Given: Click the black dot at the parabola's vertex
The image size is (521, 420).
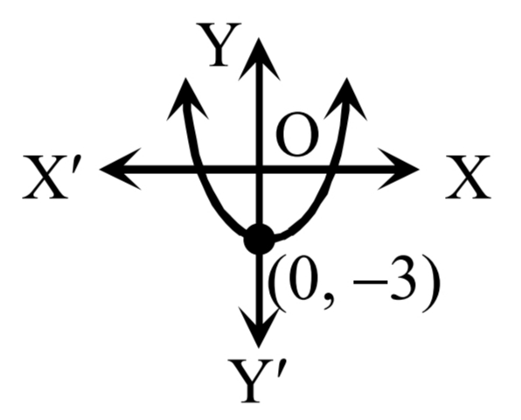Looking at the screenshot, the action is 260,239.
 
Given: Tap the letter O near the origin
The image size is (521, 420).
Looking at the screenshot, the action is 297,135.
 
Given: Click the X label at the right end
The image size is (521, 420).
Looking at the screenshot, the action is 468,178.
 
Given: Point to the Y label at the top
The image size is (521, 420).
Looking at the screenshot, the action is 219,45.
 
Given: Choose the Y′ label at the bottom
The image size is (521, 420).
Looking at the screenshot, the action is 256,381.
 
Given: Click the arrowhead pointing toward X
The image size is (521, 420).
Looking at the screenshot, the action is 399,169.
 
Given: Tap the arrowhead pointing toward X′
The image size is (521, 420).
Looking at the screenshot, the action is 121,169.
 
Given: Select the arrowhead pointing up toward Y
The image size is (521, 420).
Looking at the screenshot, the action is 259,59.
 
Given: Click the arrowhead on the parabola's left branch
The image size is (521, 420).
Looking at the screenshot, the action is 187,99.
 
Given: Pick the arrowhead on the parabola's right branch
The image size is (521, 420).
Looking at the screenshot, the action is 345,99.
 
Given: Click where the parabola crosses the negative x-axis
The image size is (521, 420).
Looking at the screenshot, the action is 198,169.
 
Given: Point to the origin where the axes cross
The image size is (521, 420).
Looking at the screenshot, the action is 259,169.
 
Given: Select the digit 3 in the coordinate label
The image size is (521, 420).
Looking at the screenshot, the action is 403,278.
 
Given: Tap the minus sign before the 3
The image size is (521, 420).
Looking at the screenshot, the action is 370,283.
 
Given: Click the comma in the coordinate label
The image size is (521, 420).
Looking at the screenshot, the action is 328,302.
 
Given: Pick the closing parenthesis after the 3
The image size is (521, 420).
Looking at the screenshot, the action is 431,283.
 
